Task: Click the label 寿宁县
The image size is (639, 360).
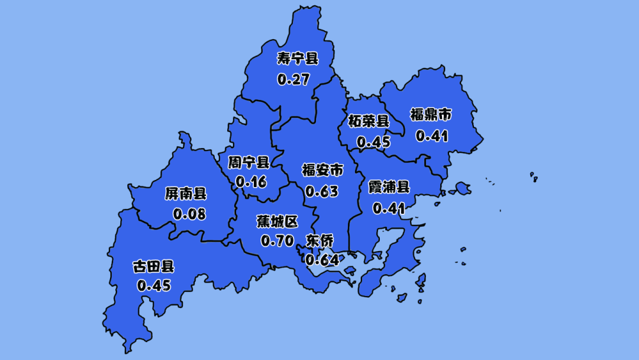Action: [298, 59]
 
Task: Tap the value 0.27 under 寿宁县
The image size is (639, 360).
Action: [293, 79]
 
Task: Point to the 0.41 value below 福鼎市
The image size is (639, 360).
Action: [432, 136]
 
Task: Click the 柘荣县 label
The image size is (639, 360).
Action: [369, 121]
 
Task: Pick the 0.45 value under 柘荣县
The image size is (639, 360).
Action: [373, 143]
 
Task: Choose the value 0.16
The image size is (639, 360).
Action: [251, 182]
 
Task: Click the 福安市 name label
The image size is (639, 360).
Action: [322, 171]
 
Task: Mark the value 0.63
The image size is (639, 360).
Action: [322, 192]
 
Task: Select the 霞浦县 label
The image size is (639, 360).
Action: [389, 188]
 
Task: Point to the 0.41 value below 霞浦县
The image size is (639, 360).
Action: [388, 208]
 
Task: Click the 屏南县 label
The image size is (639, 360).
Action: [186, 193]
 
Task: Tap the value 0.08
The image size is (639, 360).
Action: [189, 214]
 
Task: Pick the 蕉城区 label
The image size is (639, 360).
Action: [277, 221]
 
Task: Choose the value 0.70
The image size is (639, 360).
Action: [277, 242]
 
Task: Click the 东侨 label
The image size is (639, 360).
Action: [319, 240]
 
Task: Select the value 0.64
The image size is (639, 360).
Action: [322, 259]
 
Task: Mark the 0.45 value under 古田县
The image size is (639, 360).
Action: [154, 286]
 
